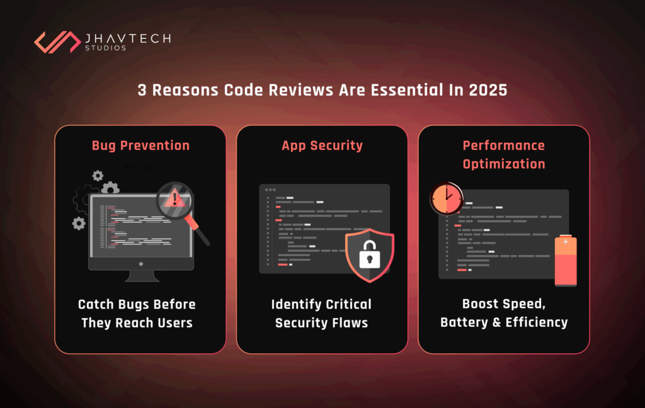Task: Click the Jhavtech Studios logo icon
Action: point(57,42)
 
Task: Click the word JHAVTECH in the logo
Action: point(128,38)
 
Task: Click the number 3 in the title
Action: point(142,90)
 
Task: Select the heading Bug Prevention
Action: point(140,145)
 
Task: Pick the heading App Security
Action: point(322,145)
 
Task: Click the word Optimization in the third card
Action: point(504,164)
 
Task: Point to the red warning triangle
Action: point(175,198)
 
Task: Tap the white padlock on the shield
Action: point(369,254)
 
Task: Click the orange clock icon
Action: point(447,199)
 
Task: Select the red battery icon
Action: point(566,261)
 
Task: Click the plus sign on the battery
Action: point(566,242)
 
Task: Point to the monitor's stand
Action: point(142,276)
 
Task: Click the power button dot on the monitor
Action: point(141,264)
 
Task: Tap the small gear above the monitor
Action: point(98,176)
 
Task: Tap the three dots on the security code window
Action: point(270,190)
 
